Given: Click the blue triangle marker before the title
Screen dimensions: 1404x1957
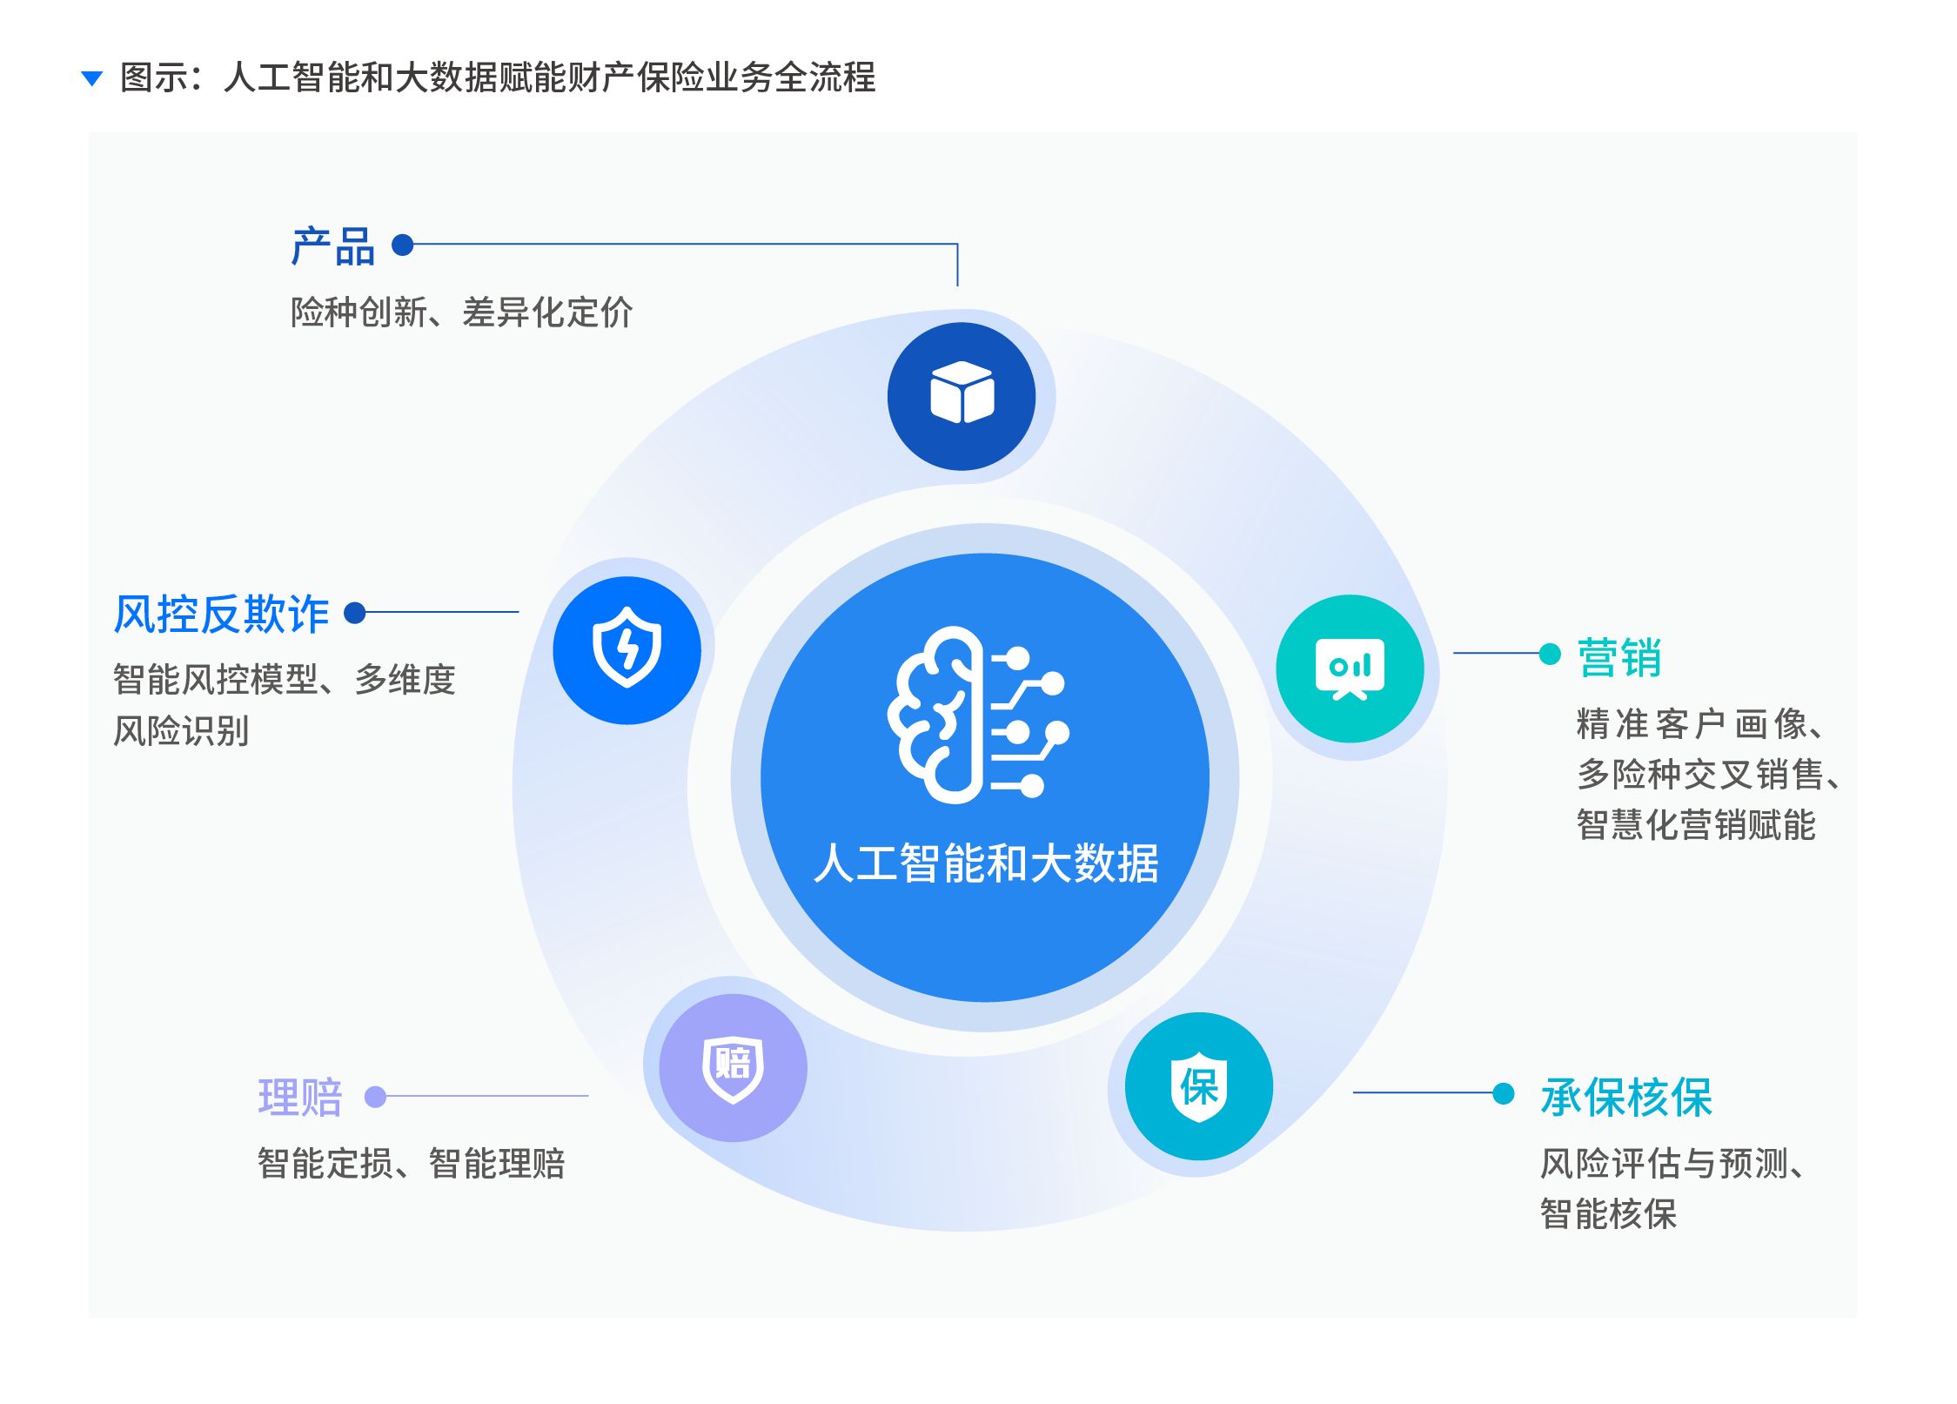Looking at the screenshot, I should click(91, 79).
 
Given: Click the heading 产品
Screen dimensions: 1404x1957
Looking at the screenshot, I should click(332, 246).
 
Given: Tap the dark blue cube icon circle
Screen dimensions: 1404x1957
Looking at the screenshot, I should click(962, 396).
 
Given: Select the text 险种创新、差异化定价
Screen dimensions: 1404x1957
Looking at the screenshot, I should click(461, 312).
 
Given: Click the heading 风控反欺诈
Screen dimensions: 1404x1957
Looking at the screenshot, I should click(221, 614).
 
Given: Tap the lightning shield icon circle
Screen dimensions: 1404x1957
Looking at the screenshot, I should click(627, 649).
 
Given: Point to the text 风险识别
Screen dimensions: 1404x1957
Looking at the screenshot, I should click(181, 730).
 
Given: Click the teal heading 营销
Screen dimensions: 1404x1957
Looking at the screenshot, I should click(1619, 657).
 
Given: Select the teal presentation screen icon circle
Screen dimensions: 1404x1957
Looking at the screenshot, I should click(1350, 668).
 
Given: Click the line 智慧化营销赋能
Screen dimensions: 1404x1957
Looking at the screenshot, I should click(1695, 824).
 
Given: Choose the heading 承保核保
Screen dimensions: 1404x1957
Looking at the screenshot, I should click(1625, 1097).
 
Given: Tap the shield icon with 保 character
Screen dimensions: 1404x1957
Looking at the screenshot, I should click(1198, 1086).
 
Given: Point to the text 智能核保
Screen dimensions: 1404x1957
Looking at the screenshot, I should click(1608, 1213).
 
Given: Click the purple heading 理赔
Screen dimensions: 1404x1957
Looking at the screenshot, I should click(300, 1097).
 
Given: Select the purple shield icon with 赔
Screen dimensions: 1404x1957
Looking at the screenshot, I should click(733, 1067).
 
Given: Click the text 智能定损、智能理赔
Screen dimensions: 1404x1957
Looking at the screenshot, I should click(411, 1163).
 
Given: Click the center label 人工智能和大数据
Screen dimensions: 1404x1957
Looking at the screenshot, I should click(985, 863).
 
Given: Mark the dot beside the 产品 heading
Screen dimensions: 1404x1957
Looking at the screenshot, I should click(402, 245).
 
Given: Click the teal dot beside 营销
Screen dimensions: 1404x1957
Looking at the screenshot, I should click(1550, 654).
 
